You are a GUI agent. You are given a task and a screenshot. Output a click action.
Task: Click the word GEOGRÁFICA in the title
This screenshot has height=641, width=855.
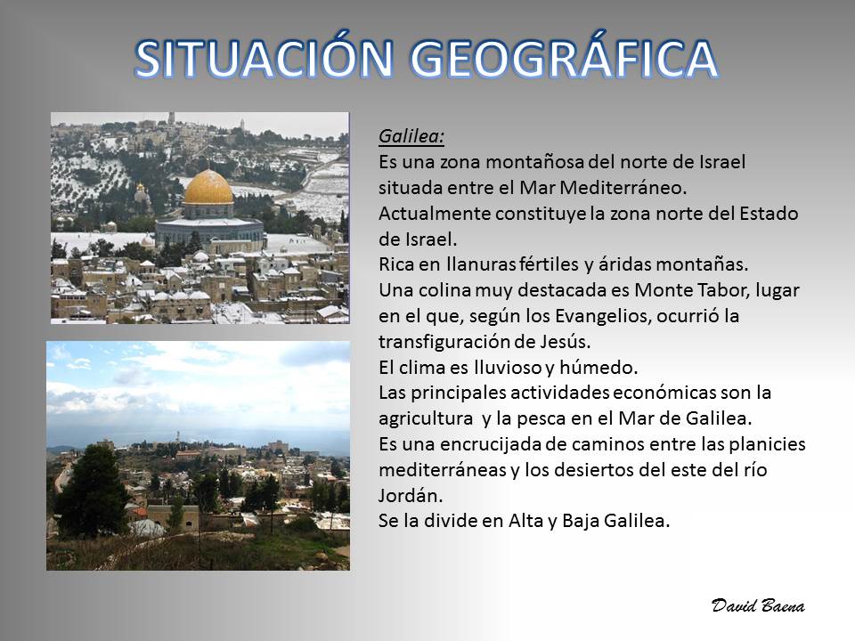[x=564, y=58]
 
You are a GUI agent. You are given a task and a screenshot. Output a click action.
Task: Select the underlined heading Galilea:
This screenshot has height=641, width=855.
[x=411, y=136]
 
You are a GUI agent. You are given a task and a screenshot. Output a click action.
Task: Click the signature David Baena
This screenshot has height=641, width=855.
[x=758, y=605]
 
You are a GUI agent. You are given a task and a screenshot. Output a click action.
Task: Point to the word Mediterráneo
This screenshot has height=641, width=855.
[x=623, y=188]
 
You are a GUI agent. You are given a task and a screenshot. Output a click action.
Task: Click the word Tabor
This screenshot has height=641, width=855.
[x=722, y=290]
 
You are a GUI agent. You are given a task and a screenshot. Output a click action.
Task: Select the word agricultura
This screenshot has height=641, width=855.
[x=426, y=419]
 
